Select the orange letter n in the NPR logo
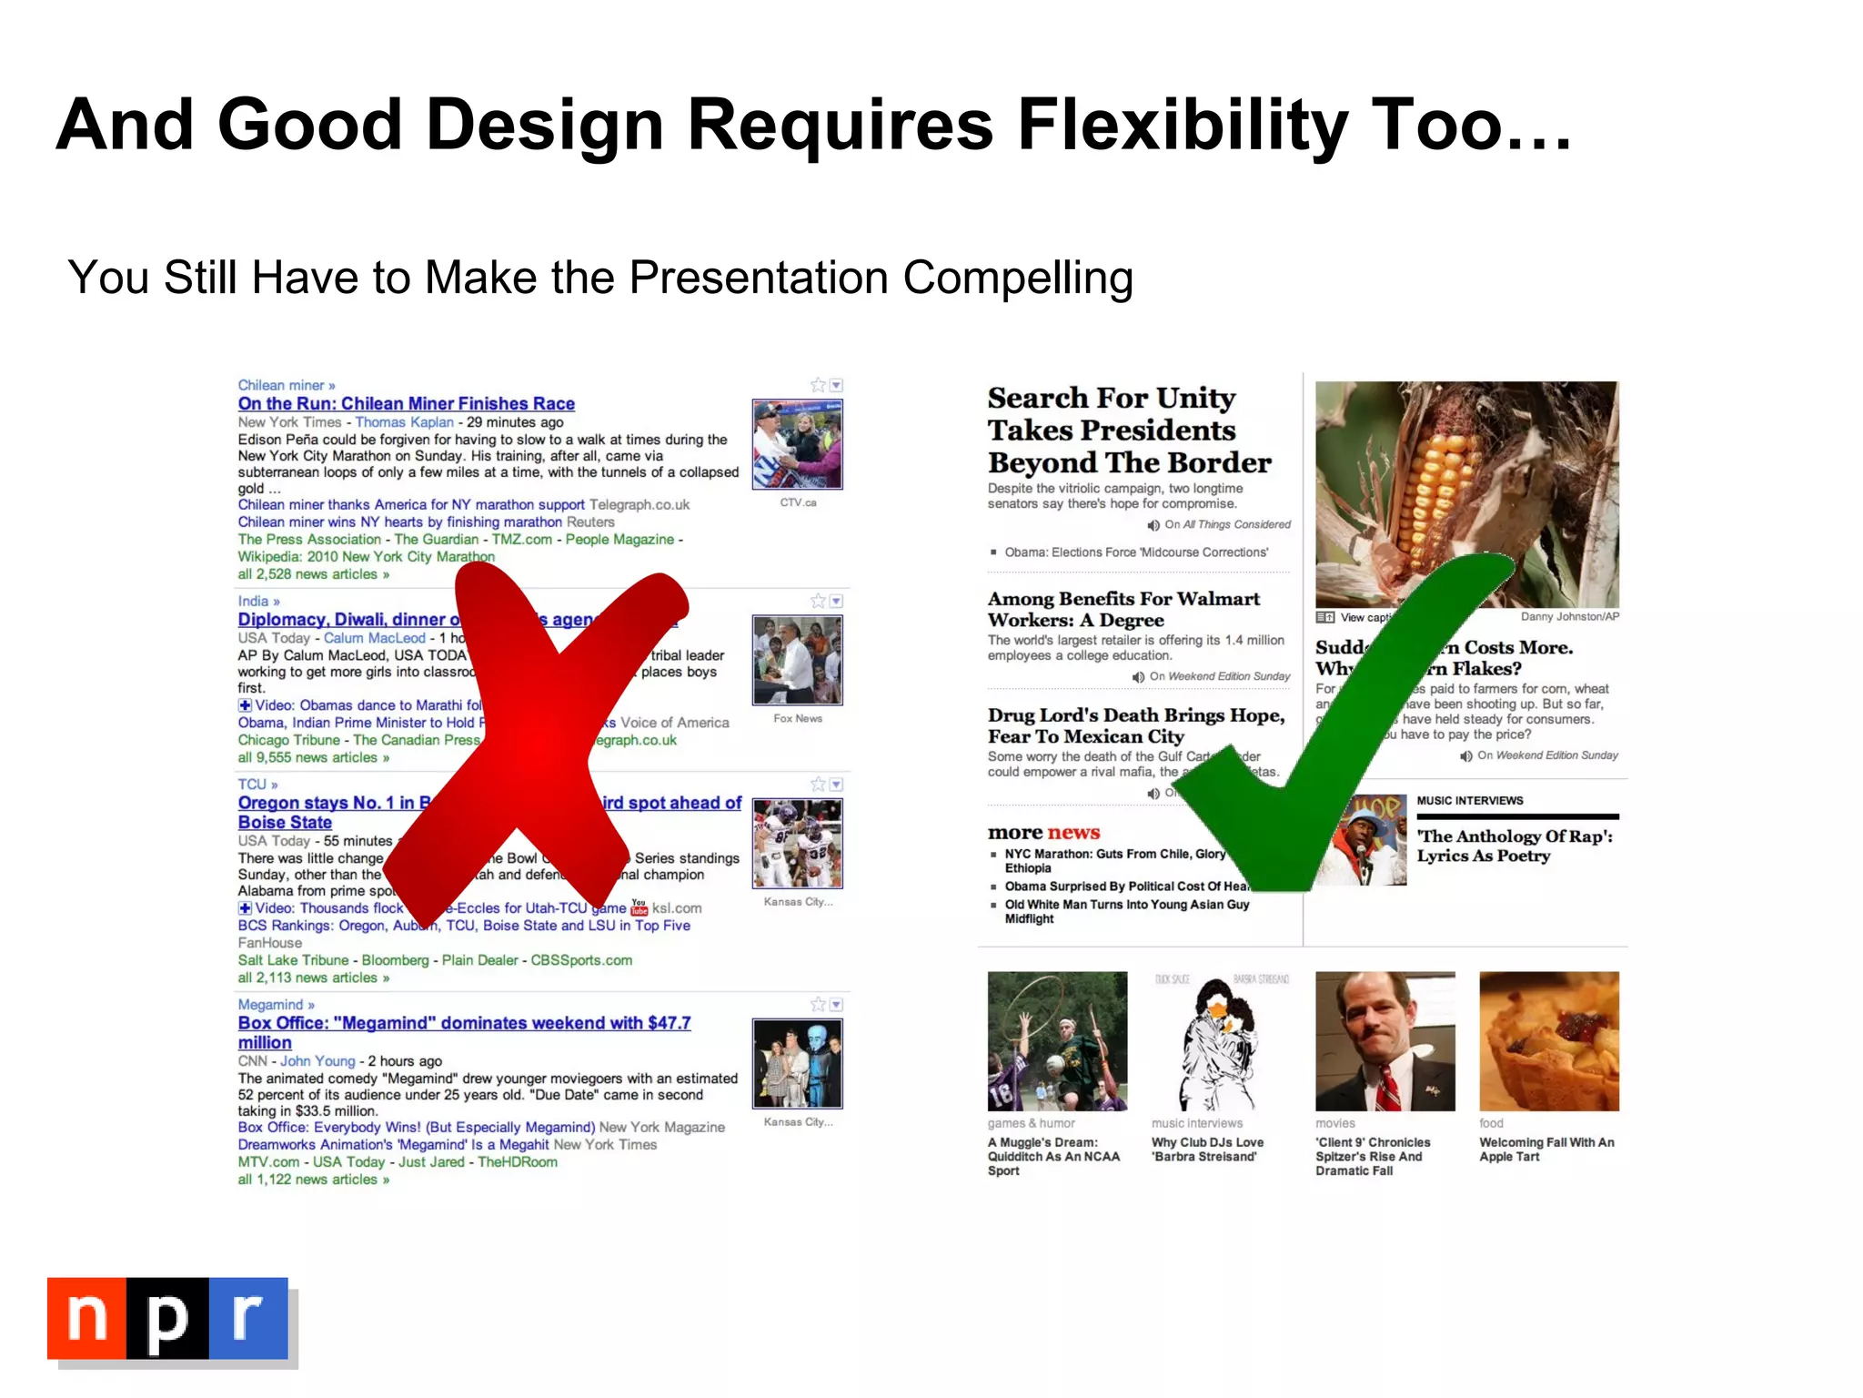tap(87, 1318)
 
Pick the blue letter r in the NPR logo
tap(247, 1318)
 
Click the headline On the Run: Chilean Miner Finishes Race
tap(406, 403)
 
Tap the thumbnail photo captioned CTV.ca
tap(797, 444)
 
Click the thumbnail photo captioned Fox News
tap(797, 660)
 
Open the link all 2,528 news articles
tap(313, 574)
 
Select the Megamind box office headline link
tap(464, 1023)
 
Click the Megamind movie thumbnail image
tap(797, 1063)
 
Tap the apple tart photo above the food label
tap(1548, 1041)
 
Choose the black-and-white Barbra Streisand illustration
tap(1221, 1041)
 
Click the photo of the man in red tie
tap(1385, 1041)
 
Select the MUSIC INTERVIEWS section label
tap(1469, 801)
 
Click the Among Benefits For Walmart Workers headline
tap(1123, 609)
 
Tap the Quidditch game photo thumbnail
tap(1057, 1041)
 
